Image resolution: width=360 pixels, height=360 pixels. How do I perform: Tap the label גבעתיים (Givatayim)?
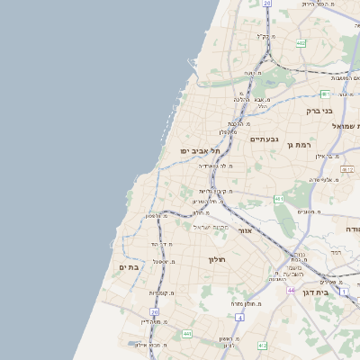click(265, 139)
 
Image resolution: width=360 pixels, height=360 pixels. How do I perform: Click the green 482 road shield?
click(300, 42)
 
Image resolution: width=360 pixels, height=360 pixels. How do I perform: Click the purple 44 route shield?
click(292, 290)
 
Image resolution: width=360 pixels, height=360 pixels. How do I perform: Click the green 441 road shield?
click(187, 334)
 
